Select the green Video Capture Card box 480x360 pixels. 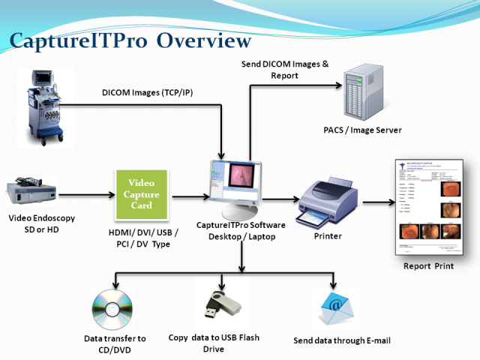(141, 194)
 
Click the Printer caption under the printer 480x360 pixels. (326, 236)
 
